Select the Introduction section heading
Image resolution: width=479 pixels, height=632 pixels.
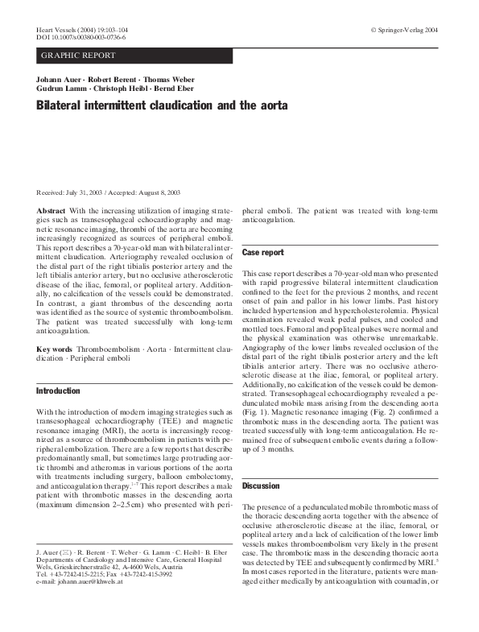click(x=59, y=390)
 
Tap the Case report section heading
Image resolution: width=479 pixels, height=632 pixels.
click(x=262, y=253)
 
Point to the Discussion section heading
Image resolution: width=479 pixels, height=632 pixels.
click(x=261, y=486)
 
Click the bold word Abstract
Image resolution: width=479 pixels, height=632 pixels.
click(x=51, y=210)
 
